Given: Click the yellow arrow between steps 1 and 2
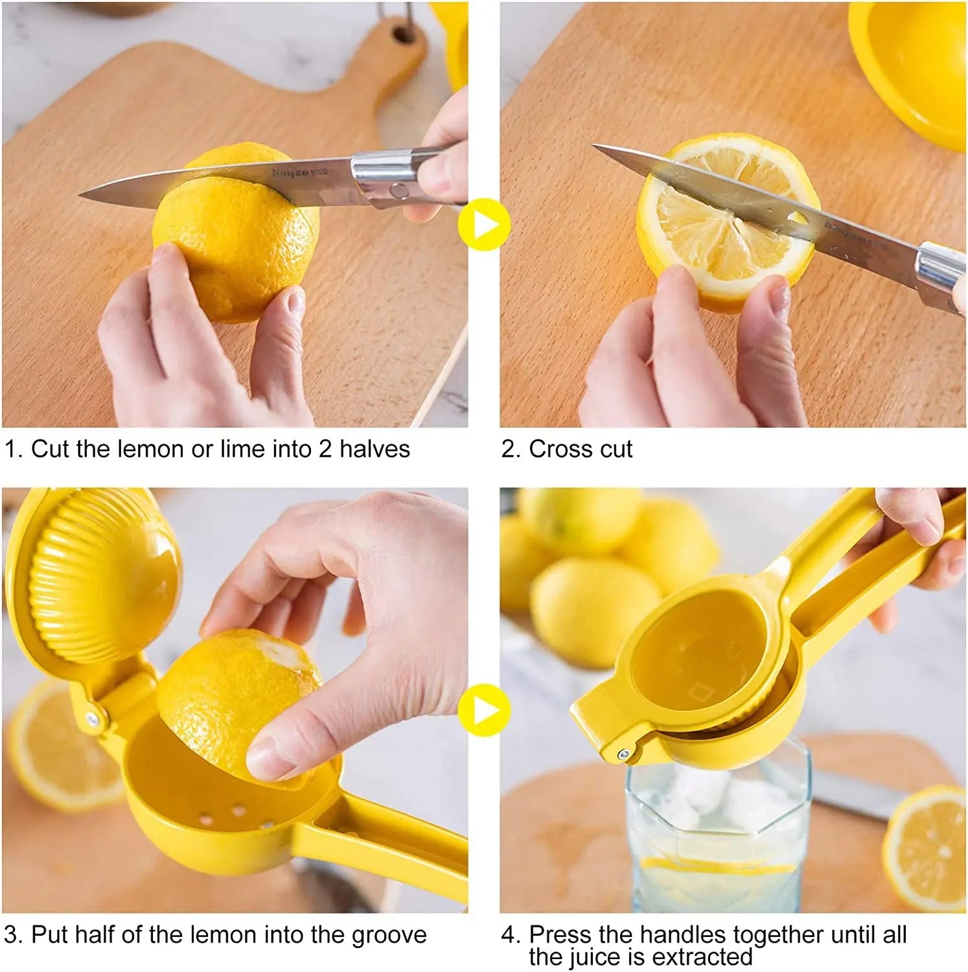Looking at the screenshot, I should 483,225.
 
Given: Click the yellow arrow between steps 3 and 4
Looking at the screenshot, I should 483,710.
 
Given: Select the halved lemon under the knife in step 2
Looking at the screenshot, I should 719,233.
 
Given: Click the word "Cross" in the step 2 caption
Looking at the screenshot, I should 559,449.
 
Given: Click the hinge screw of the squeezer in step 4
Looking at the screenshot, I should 623,754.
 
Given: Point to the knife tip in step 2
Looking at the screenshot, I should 596,147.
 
